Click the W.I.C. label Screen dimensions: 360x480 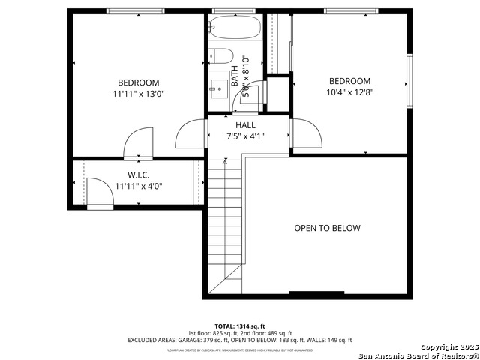138,175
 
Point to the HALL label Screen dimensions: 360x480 245,125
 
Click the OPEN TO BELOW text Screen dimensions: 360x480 327,229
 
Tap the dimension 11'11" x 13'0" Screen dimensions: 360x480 138,94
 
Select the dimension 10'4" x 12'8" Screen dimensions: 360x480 349,93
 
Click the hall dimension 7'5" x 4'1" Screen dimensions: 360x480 245,136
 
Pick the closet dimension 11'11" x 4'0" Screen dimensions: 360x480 138,187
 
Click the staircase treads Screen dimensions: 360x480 226,225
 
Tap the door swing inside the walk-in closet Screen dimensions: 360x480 98,191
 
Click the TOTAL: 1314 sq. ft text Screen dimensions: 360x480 240,326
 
